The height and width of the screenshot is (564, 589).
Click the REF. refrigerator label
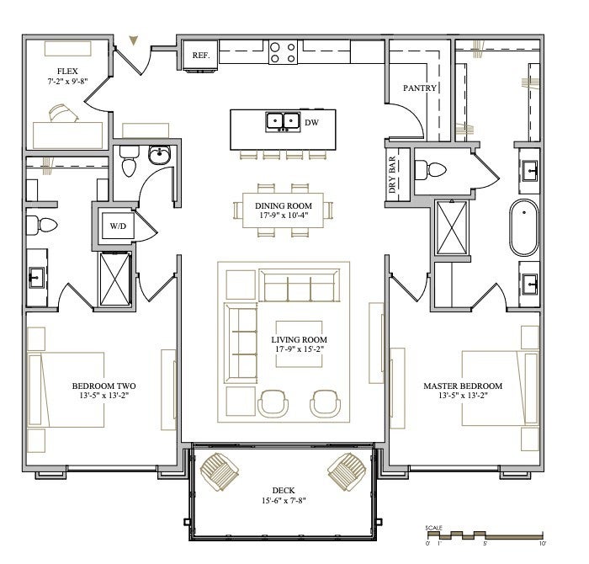tap(201, 56)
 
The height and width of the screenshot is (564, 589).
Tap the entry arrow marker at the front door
tap(133, 40)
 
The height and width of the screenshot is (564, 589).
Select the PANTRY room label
tap(420, 88)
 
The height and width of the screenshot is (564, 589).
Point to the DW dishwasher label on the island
tap(312, 122)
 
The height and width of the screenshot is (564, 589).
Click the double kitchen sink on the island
tap(283, 122)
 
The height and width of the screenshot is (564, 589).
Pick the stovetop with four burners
tap(283, 52)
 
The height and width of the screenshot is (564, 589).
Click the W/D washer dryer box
tap(118, 226)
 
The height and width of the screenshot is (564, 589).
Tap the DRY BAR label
tap(392, 175)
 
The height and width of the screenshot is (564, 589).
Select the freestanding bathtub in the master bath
tap(523, 227)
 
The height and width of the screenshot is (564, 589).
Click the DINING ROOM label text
tap(284, 206)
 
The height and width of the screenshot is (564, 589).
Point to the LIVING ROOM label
tap(299, 340)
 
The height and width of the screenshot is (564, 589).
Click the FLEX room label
tap(67, 71)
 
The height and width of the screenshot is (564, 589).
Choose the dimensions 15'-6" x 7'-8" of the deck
tap(284, 501)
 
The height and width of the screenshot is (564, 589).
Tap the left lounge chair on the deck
tap(219, 471)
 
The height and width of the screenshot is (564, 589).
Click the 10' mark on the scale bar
tap(542, 543)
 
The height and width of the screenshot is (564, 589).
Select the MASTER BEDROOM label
tap(463, 386)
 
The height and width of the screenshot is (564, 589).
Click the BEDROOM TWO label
tap(104, 386)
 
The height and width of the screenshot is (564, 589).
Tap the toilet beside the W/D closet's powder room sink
tap(129, 161)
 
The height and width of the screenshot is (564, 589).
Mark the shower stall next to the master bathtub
tap(453, 227)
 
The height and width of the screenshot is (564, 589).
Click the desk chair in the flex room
tap(63, 113)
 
